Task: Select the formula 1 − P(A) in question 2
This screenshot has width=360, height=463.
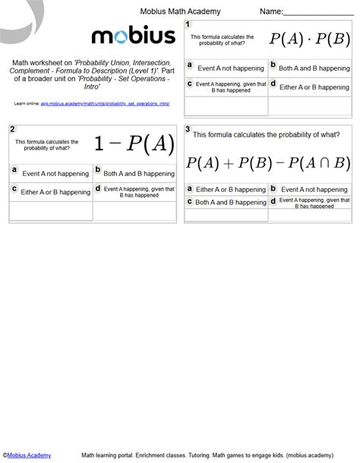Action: click(134, 143)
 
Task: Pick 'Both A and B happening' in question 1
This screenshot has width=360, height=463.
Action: click(312, 68)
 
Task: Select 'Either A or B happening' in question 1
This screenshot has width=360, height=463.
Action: click(312, 87)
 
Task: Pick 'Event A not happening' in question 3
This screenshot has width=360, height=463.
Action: click(313, 188)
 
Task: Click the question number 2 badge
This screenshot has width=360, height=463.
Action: click(12, 129)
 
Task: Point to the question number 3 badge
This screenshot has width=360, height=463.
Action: click(188, 129)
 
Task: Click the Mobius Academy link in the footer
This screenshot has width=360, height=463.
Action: click(28, 455)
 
